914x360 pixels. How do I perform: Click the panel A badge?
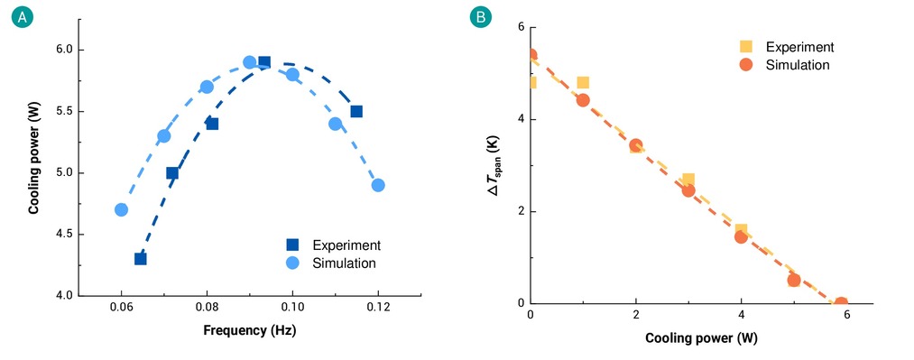(x=23, y=17)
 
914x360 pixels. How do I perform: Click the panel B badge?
(x=481, y=17)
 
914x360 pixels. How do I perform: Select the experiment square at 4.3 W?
(x=141, y=259)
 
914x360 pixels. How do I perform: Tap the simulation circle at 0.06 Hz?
(x=121, y=209)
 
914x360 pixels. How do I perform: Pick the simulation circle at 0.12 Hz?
(x=378, y=185)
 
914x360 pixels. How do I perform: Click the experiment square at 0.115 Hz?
(x=356, y=111)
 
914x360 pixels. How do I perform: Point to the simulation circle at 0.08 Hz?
(x=207, y=87)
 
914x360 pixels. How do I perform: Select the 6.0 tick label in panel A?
(x=61, y=51)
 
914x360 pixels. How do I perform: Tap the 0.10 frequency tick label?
(x=292, y=308)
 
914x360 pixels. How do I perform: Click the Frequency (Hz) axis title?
(x=250, y=331)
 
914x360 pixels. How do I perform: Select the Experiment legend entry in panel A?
(x=335, y=245)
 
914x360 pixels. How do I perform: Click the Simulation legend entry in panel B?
(x=789, y=65)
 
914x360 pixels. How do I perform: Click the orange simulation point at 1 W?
(x=583, y=100)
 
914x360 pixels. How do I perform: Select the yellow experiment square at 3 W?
(x=688, y=180)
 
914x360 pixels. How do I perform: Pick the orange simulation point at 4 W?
(x=741, y=236)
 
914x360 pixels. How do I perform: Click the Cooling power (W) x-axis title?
(x=702, y=338)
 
